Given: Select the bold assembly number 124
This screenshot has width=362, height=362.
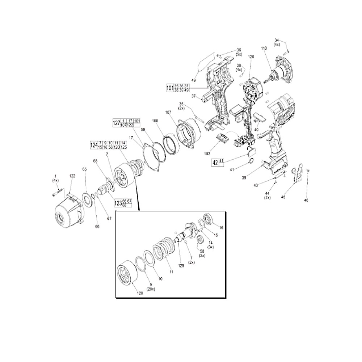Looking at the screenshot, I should tap(94, 145).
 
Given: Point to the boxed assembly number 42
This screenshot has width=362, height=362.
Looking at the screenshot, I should tap(215, 163).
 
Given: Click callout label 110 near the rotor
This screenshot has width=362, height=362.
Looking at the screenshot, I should tap(263, 48).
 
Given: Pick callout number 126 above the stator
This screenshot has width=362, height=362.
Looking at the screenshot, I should tap(251, 57).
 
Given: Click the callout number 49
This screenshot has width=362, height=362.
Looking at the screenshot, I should tap(193, 80).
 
